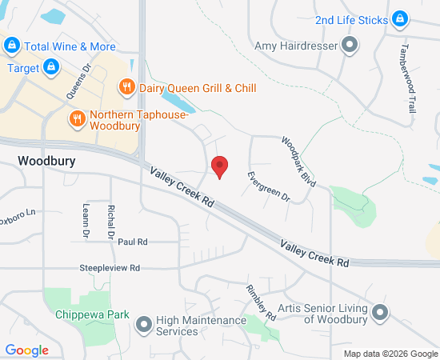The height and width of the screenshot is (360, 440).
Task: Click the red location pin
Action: tap(219, 166)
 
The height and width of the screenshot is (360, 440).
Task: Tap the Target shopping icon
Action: tap(50, 68)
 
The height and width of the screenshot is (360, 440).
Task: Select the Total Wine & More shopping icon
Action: tap(12, 46)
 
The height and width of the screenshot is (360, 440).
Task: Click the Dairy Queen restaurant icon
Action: tap(126, 87)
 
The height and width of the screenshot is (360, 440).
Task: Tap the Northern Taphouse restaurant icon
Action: tap(77, 119)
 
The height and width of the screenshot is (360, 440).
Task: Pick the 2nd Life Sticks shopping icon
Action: tap(401, 19)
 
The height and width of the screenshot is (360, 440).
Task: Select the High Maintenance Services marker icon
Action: tap(144, 324)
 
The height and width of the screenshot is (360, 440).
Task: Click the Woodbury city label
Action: tap(46, 161)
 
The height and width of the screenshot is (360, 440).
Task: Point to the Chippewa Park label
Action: tap(92, 314)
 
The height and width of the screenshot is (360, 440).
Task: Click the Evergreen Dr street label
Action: tap(267, 186)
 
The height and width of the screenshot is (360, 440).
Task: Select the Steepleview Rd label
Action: tap(110, 267)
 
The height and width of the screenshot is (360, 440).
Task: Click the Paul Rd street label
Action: tap(133, 242)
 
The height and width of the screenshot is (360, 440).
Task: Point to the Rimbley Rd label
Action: tap(261, 302)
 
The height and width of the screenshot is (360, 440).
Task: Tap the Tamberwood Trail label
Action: tap(409, 75)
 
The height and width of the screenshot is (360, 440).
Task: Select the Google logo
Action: tap(27, 350)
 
